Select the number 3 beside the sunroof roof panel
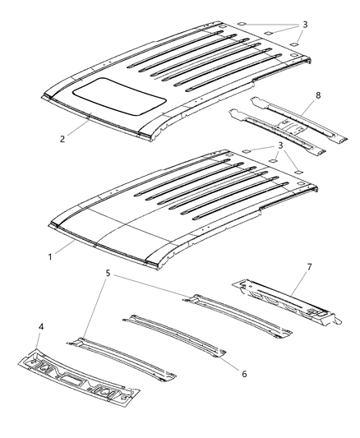[305, 25]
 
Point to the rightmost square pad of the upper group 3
[302, 43]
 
